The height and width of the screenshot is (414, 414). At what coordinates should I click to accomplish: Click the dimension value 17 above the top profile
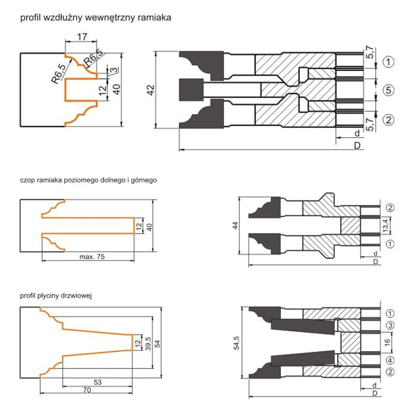tap(82, 37)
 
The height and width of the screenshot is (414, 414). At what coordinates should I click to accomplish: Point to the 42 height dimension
tap(151, 90)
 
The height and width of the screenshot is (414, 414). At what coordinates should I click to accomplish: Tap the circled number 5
tap(389, 90)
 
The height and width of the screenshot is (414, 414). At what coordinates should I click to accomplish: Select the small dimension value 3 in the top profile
tap(114, 70)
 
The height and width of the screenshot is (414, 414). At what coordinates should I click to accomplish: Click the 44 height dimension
tap(235, 225)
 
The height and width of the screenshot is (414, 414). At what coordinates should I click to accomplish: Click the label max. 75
tap(92, 257)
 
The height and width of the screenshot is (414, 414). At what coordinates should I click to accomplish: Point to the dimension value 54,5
tap(237, 342)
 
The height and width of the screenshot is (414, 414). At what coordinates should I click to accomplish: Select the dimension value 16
tap(387, 342)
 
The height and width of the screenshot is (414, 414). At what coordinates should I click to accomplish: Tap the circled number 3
tap(390, 325)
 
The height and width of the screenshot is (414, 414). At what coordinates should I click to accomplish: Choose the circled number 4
tap(390, 360)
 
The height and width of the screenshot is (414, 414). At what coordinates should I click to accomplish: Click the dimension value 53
tap(98, 382)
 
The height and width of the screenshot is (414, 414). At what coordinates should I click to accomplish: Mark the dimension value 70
tap(87, 390)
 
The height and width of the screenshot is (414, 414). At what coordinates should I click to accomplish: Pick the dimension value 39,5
tap(148, 343)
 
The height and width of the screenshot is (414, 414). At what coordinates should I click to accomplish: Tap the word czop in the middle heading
tap(27, 180)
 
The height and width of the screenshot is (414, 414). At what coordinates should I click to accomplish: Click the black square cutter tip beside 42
tap(191, 90)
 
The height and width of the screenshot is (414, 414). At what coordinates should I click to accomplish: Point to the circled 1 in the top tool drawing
tap(389, 62)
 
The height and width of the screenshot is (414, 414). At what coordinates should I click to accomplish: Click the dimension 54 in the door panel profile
tap(157, 343)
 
